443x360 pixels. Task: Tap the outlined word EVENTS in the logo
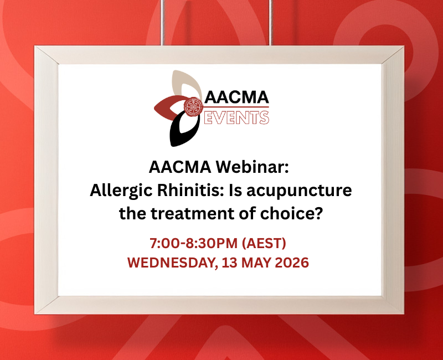tap(236, 117)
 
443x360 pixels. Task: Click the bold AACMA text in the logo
tap(236, 97)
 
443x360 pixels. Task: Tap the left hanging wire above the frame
tap(162, 22)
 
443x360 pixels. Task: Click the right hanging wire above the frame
tap(271, 22)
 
